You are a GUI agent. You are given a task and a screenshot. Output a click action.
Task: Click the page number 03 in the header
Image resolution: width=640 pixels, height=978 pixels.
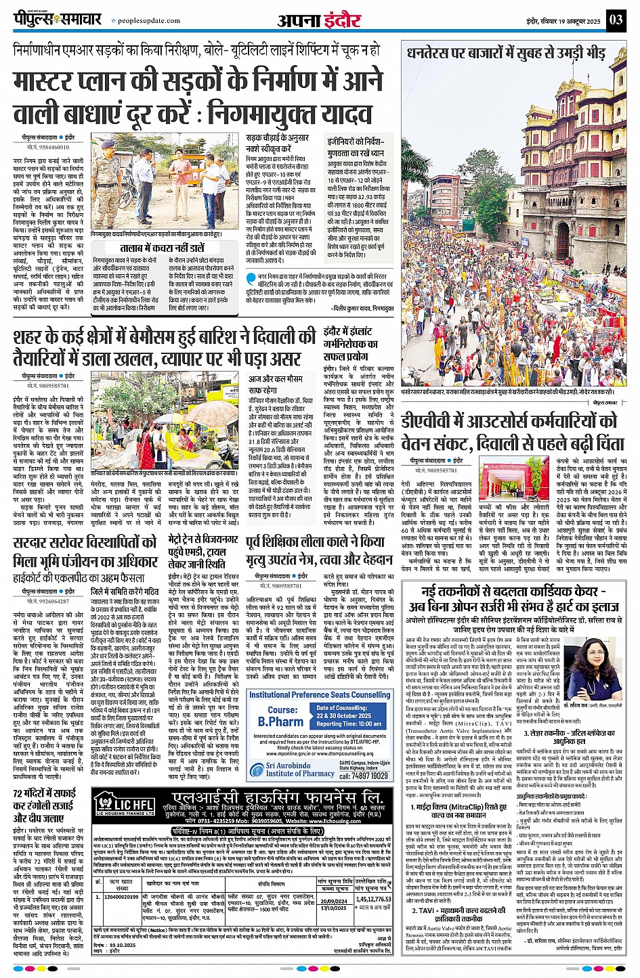coord(615,20)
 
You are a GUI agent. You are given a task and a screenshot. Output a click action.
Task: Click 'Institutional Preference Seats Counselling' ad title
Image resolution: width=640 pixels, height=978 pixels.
coord(320,694)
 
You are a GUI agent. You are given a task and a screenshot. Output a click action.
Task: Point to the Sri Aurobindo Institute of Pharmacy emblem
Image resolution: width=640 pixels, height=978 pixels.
coord(256,770)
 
